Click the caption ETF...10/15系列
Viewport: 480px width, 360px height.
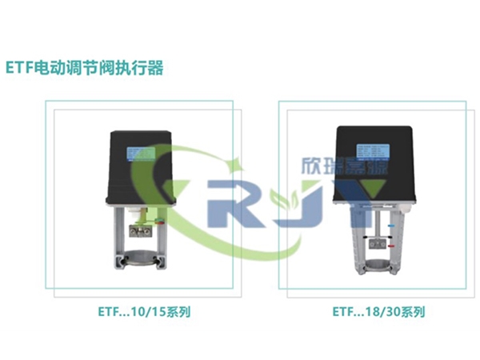click(143, 310)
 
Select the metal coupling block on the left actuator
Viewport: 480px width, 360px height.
click(143, 234)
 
